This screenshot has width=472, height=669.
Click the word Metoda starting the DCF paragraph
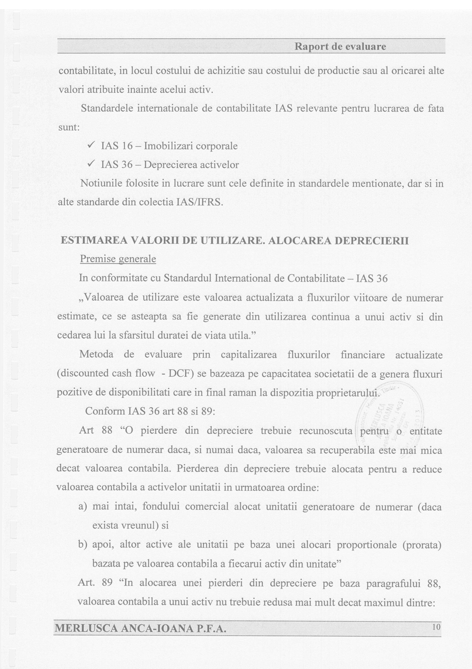(96, 355)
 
